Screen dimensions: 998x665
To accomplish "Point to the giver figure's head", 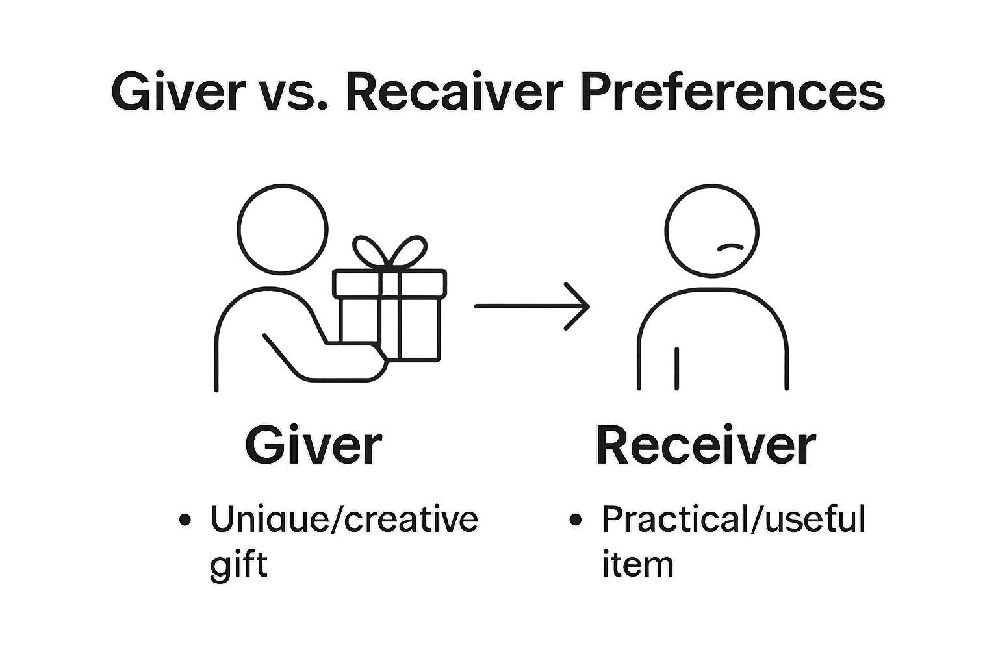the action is pyautogui.click(x=283, y=229).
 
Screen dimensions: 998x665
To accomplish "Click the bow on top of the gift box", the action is pyautogui.click(x=390, y=251).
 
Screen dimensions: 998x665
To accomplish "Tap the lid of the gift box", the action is pyautogui.click(x=390, y=284).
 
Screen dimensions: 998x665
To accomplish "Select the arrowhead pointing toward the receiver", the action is pyautogui.click(x=577, y=306).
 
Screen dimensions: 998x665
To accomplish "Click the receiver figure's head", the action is pyautogui.click(x=711, y=231).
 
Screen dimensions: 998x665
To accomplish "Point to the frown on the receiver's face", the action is pyautogui.click(x=730, y=247).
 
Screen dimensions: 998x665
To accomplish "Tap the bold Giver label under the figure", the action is pyautogui.click(x=313, y=445).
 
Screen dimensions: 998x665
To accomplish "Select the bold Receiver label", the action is pyautogui.click(x=706, y=445).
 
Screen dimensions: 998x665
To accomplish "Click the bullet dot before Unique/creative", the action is pyautogui.click(x=185, y=520).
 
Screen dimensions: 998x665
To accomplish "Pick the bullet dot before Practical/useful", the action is pyautogui.click(x=576, y=520).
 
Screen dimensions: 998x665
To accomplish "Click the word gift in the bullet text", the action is pyautogui.click(x=238, y=566).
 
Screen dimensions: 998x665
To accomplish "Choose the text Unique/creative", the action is pyautogui.click(x=344, y=520).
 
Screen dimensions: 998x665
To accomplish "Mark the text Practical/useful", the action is pyautogui.click(x=734, y=519).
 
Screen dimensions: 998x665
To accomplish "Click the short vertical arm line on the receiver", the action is pyautogui.click(x=677, y=368).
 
